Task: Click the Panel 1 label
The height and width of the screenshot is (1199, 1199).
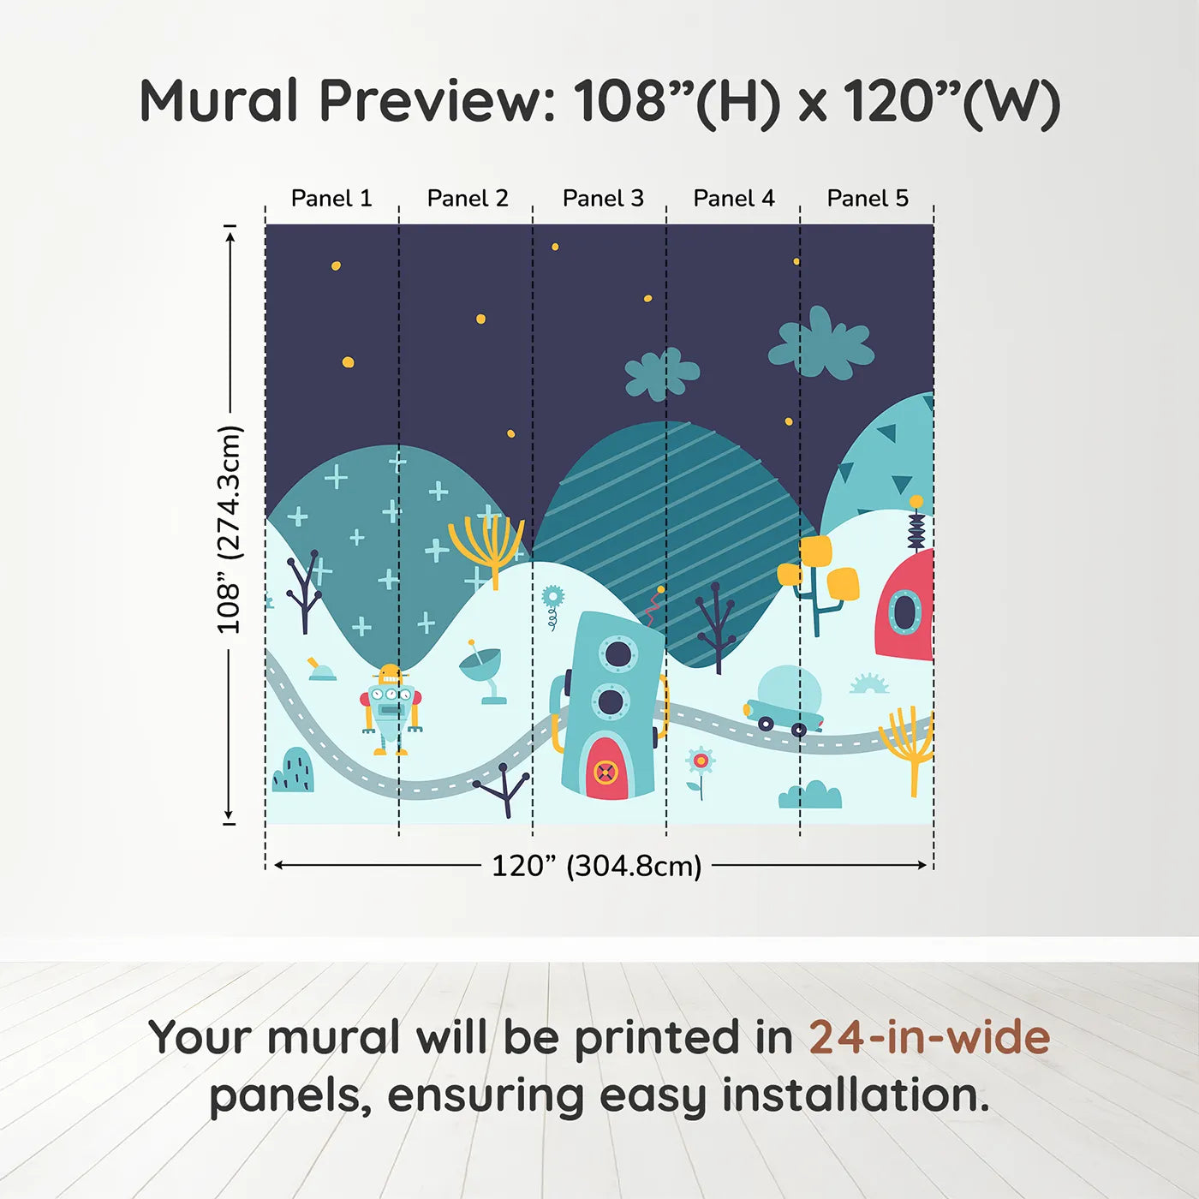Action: click(x=331, y=199)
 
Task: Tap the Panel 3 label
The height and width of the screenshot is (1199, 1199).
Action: click(x=603, y=199)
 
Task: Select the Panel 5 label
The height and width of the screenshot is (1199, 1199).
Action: click(x=868, y=199)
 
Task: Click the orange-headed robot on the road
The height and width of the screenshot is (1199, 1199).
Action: click(x=391, y=710)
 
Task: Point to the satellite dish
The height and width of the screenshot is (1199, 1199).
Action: click(x=483, y=672)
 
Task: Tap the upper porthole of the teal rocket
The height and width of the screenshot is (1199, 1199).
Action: click(x=617, y=653)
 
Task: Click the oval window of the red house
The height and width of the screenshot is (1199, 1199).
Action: click(x=904, y=610)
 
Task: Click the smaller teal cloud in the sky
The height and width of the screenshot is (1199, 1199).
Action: click(x=662, y=373)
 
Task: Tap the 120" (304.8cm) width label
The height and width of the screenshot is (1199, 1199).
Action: click(x=597, y=866)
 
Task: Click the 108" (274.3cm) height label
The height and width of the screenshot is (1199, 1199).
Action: click(x=229, y=529)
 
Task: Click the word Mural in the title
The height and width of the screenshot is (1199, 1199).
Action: click(x=219, y=101)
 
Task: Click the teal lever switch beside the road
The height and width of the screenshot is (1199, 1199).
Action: click(x=321, y=669)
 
